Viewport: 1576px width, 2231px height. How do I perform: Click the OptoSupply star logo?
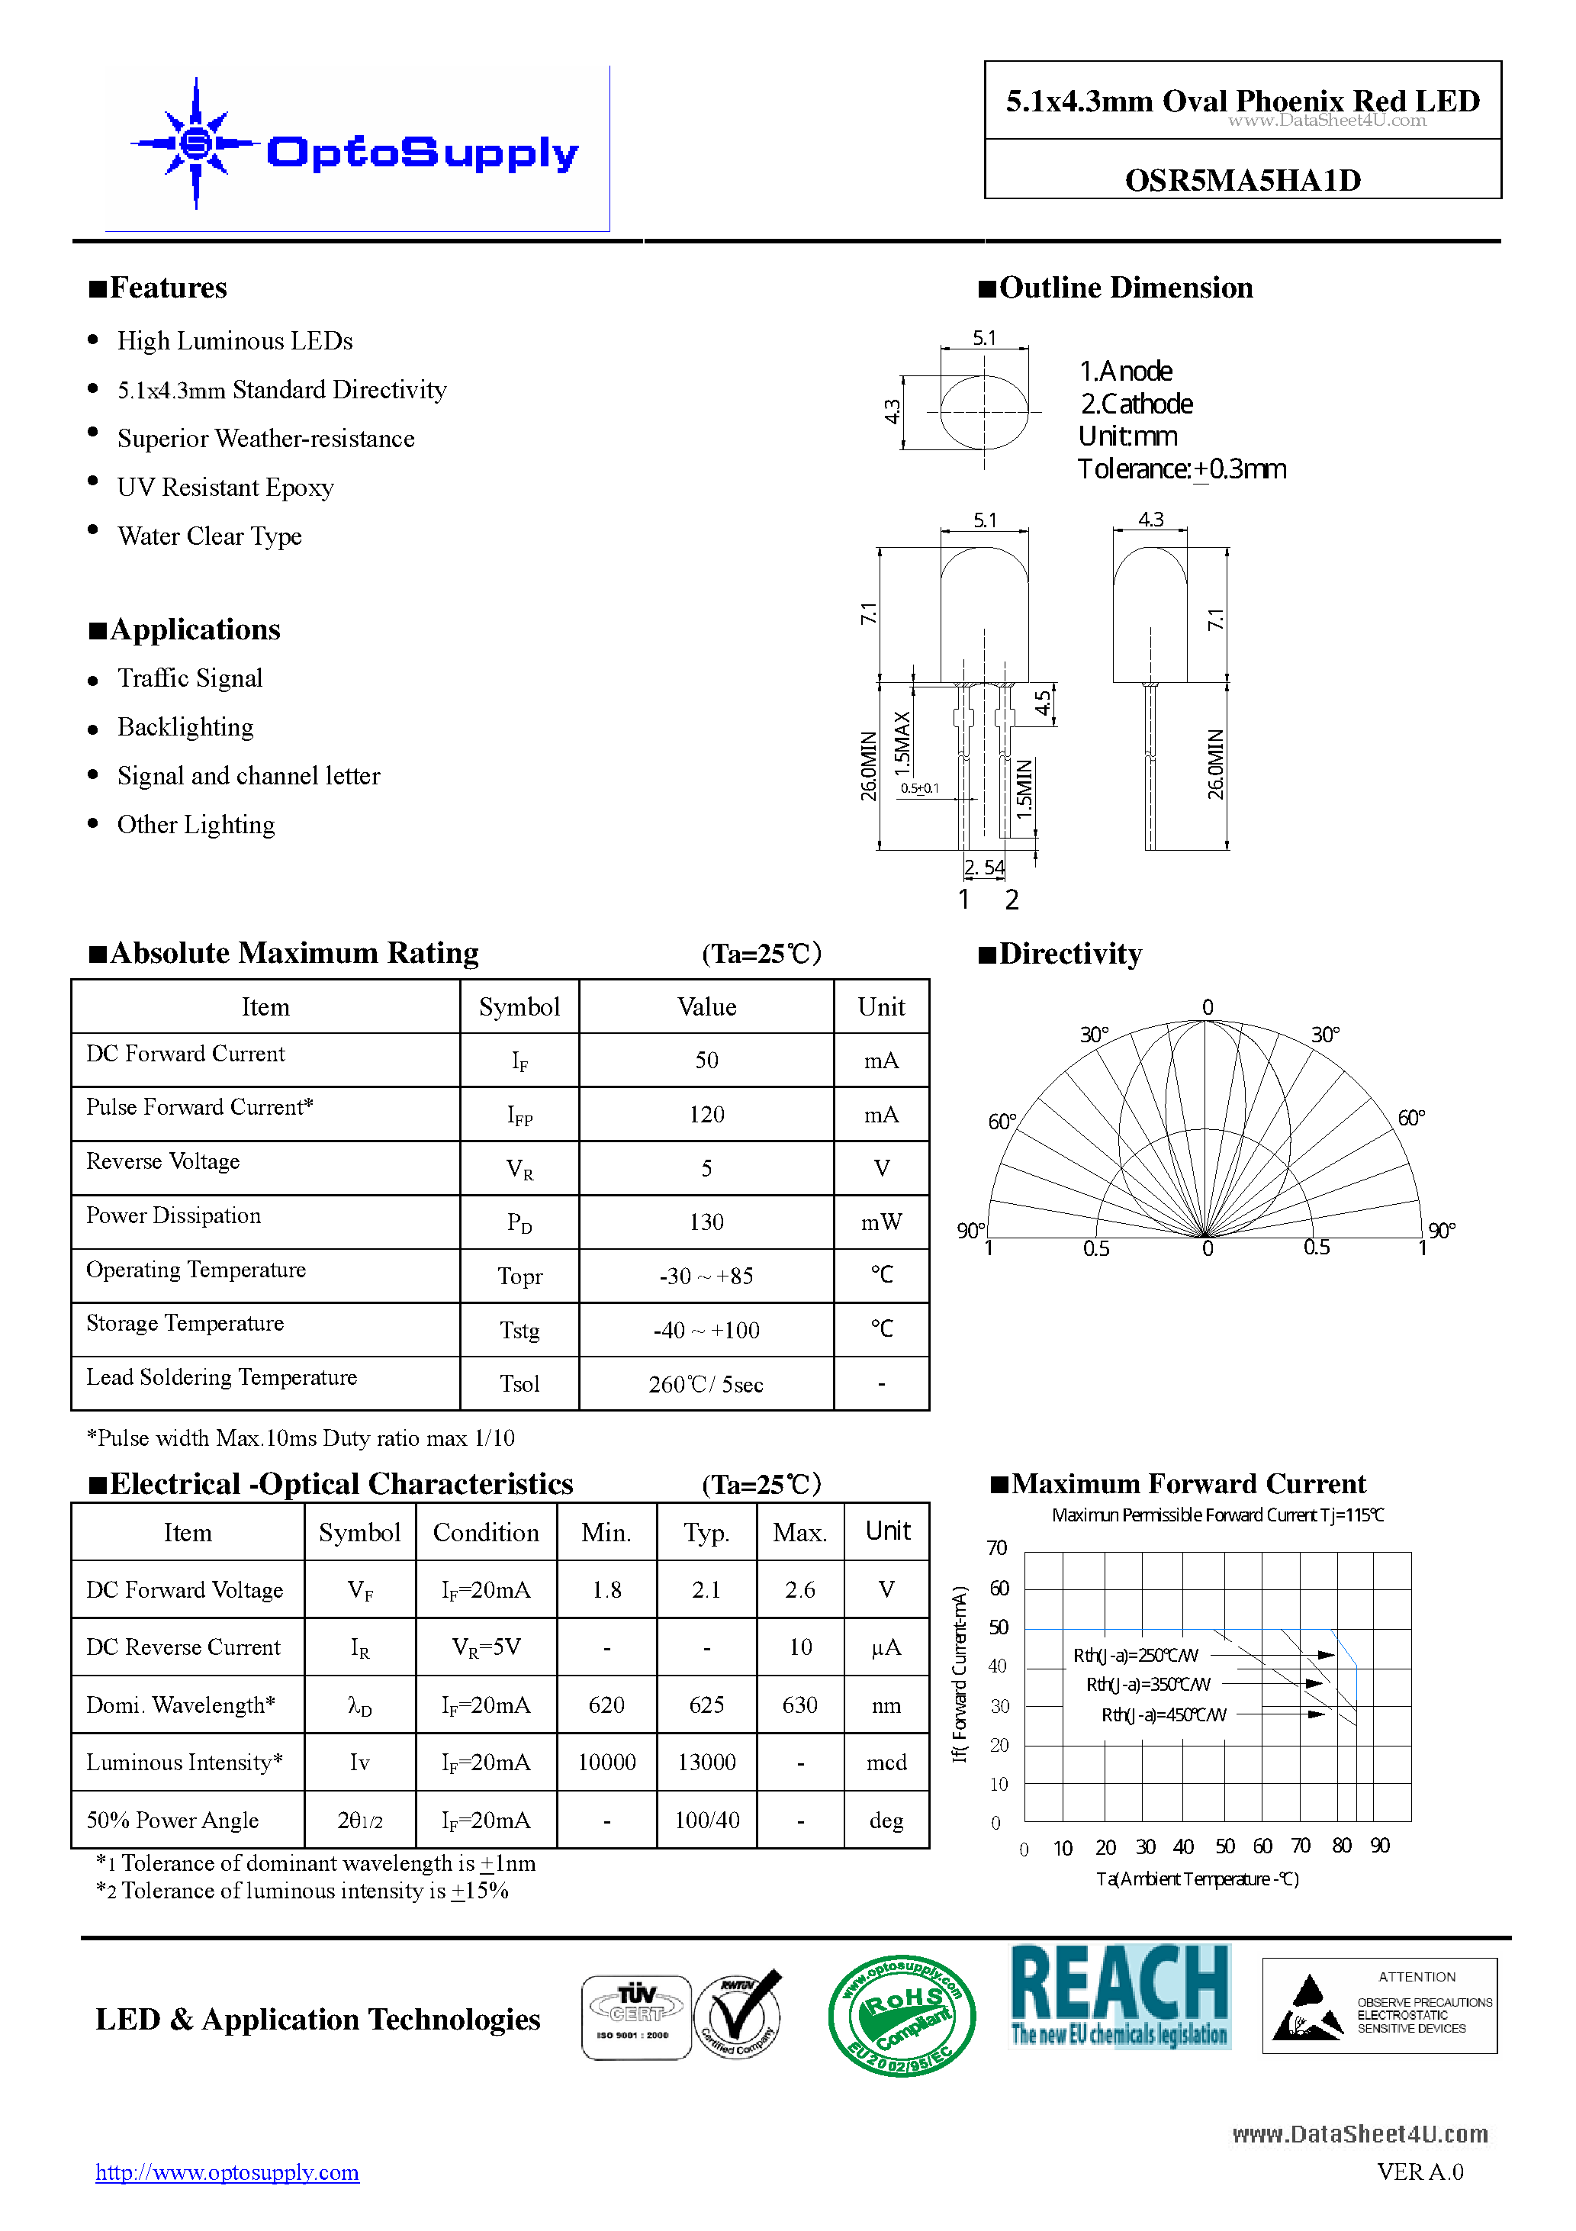[195, 143]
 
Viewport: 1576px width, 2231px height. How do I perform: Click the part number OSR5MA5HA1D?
[1242, 180]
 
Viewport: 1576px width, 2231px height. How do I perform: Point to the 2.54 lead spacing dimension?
[983, 867]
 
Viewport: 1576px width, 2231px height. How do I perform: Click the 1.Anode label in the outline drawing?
[1125, 371]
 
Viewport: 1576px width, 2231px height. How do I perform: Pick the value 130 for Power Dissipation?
[706, 1222]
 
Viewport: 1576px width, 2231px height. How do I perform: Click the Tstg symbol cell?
[519, 1329]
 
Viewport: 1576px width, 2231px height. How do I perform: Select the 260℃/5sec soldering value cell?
[706, 1383]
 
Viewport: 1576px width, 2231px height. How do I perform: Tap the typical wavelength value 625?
[706, 1705]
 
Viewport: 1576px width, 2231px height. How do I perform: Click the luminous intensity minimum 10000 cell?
[606, 1762]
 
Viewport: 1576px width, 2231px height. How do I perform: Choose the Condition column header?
[486, 1532]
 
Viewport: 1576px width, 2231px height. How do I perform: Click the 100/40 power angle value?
[706, 1820]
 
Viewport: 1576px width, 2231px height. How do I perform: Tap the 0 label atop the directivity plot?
[1207, 1006]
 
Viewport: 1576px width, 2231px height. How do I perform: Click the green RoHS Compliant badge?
[901, 2015]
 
